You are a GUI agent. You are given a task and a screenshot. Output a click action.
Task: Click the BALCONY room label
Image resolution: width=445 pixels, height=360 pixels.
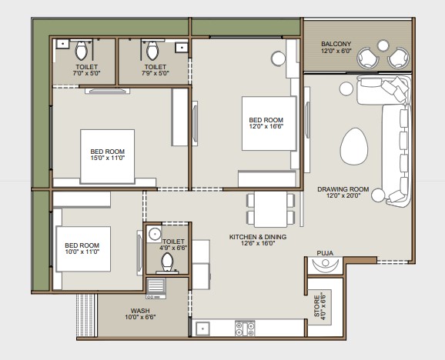pyautogui.click(x=336, y=44)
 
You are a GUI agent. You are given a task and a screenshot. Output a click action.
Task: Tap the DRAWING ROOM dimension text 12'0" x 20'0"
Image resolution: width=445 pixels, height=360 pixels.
pyautogui.click(x=343, y=195)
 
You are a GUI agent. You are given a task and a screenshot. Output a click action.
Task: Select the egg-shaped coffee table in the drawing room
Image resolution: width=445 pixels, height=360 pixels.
pyautogui.click(x=354, y=146)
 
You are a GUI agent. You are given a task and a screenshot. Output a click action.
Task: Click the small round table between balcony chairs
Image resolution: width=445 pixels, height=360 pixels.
pyautogui.click(x=383, y=45)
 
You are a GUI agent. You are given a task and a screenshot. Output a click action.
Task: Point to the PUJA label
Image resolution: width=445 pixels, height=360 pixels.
pyautogui.click(x=325, y=253)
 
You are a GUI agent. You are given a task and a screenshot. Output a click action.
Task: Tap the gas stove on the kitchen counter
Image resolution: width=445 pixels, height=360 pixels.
pyautogui.click(x=245, y=328)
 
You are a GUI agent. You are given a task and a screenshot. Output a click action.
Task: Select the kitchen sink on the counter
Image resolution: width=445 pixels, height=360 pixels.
pyautogui.click(x=202, y=328)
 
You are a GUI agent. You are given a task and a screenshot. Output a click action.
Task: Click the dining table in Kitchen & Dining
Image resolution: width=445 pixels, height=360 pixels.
pyautogui.click(x=271, y=209)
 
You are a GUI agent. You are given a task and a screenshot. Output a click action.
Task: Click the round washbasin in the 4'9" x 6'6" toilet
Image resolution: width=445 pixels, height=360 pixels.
pyautogui.click(x=154, y=234)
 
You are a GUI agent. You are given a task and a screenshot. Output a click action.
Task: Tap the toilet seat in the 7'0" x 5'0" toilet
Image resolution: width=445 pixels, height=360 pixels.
pyautogui.click(x=82, y=50)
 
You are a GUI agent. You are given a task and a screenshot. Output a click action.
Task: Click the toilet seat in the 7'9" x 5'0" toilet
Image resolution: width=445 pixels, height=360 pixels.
pyautogui.click(x=152, y=50)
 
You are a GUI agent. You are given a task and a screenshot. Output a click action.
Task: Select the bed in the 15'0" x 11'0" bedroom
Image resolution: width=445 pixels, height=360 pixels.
pyautogui.click(x=107, y=156)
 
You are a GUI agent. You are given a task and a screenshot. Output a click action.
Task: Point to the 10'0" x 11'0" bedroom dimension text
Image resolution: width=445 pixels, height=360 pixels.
pyautogui.click(x=82, y=252)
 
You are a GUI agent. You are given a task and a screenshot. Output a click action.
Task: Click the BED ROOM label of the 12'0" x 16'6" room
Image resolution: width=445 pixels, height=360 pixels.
pyautogui.click(x=266, y=120)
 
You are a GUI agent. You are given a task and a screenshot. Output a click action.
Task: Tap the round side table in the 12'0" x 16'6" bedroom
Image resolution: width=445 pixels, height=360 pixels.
pyautogui.click(x=278, y=58)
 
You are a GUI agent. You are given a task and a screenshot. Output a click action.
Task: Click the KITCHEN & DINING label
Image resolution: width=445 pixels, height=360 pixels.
pyautogui.click(x=258, y=237)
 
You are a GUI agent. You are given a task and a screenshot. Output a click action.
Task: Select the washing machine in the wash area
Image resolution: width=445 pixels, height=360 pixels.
pyautogui.click(x=156, y=288)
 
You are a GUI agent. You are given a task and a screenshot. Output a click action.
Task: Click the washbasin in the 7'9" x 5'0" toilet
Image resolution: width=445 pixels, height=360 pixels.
pyautogui.click(x=182, y=48)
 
